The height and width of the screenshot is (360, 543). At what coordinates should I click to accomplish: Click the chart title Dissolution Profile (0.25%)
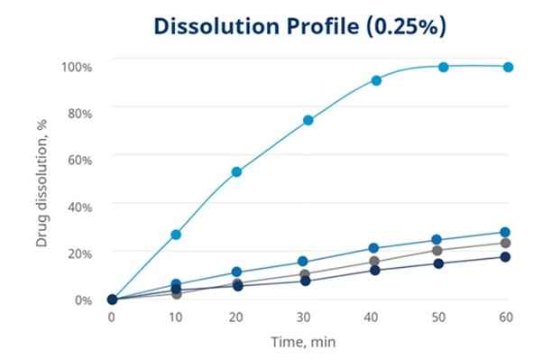click(299, 26)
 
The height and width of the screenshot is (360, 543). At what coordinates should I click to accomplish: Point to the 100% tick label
click(77, 67)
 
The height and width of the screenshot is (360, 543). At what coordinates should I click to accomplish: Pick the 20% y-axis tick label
click(79, 254)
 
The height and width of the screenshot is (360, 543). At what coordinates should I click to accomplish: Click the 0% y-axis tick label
click(82, 300)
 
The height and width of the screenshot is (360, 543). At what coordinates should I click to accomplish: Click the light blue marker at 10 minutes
click(177, 235)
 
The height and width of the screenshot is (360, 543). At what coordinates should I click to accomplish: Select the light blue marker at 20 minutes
click(237, 171)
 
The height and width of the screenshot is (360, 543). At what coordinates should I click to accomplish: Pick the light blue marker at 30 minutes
click(308, 120)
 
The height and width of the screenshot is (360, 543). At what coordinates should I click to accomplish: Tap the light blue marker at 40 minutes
click(376, 80)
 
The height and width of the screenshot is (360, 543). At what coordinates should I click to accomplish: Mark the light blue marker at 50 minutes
click(444, 67)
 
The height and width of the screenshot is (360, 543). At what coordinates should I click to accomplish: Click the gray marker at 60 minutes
click(506, 243)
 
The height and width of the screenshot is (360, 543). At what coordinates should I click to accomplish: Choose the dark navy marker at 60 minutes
click(506, 257)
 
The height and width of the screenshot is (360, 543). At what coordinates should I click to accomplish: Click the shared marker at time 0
click(112, 300)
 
